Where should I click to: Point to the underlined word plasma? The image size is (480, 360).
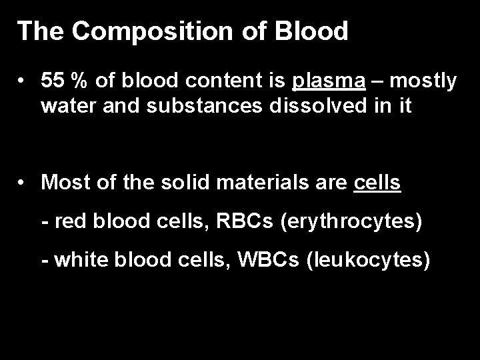click(x=329, y=81)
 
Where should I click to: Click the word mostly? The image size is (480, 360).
click(x=424, y=81)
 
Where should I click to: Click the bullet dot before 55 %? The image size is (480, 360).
click(x=23, y=81)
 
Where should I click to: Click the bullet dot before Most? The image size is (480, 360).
click(x=23, y=183)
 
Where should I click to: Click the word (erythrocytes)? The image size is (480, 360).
click(x=352, y=221)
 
